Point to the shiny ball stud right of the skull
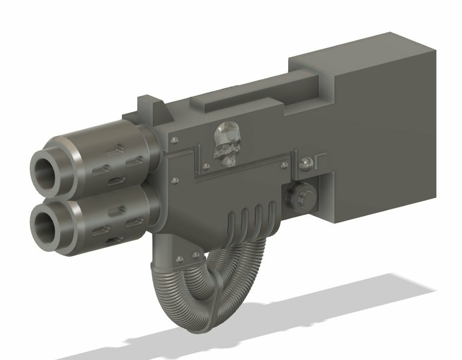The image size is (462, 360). point(307,164)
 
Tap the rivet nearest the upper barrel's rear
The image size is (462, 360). point(174,141)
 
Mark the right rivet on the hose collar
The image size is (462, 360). point(195,255)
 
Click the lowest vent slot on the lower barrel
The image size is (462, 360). point(113,239)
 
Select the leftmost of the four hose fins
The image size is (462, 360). point(232,222)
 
